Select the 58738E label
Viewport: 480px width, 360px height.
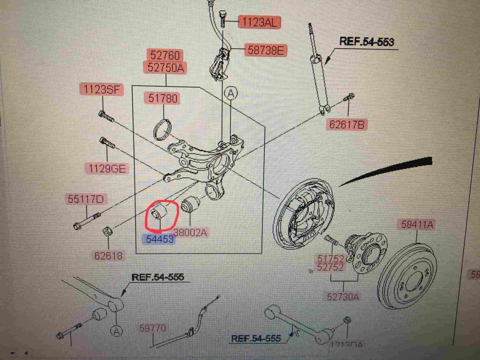pyautogui.click(x=265, y=49)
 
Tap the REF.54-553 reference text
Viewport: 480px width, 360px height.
pyautogui.click(x=367, y=41)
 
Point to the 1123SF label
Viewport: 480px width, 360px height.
pyautogui.click(x=102, y=89)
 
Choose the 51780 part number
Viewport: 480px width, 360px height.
pyautogui.click(x=163, y=99)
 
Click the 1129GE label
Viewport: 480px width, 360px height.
pyautogui.click(x=106, y=168)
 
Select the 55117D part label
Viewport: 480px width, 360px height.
pyautogui.click(x=86, y=199)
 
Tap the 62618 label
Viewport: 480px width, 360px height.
pyautogui.click(x=108, y=256)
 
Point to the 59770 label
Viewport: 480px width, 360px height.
pyautogui.click(x=153, y=328)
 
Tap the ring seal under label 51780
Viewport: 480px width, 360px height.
pyautogui.click(x=163, y=129)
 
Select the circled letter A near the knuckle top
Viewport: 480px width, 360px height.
pyautogui.click(x=230, y=94)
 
